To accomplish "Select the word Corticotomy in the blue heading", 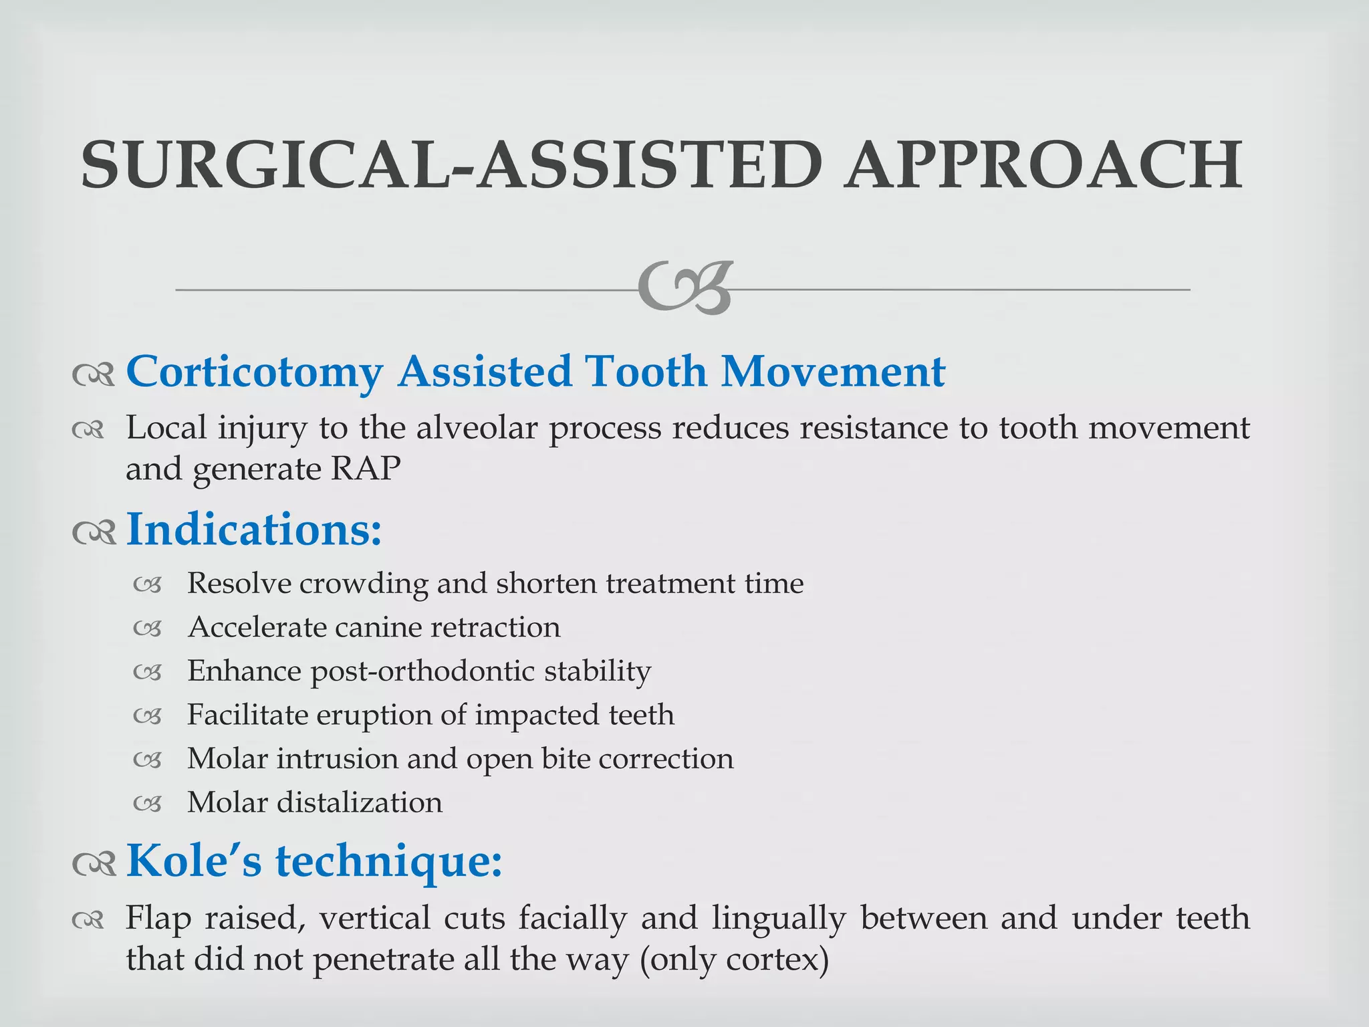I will [x=254, y=372].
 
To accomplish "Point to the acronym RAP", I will [x=365, y=469].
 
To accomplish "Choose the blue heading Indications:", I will [x=254, y=530].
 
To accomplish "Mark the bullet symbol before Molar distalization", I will [x=147, y=803].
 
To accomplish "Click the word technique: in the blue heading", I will [x=389, y=861].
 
